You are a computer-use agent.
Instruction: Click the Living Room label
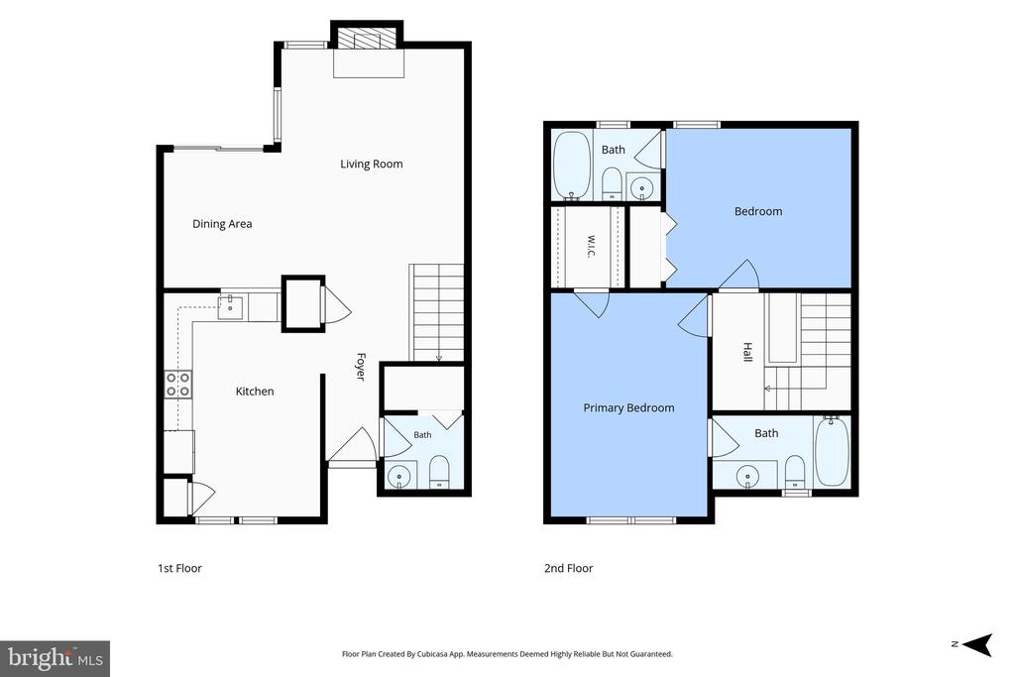tap(372, 165)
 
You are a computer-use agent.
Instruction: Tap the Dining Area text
tap(222, 224)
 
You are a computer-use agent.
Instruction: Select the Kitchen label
tap(255, 391)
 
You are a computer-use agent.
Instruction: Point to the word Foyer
tap(361, 367)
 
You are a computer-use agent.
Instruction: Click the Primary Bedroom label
tap(628, 407)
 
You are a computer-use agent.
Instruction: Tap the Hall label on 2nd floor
tap(747, 352)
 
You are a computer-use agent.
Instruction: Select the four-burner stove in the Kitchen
tap(178, 384)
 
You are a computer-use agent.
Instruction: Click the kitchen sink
tap(230, 307)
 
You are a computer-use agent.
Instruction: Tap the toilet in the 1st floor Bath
tap(439, 472)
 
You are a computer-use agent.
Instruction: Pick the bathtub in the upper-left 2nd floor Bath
tap(572, 166)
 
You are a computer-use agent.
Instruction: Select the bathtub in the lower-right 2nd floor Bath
tap(832, 451)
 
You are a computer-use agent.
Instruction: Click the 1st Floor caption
tap(180, 568)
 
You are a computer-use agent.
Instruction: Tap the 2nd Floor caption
tap(568, 568)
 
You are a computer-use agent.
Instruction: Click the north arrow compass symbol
tap(977, 644)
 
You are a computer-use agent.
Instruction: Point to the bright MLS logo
tap(56, 659)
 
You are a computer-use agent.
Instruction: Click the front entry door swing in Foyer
tap(352, 445)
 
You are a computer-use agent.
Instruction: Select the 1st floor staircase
tap(437, 312)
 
